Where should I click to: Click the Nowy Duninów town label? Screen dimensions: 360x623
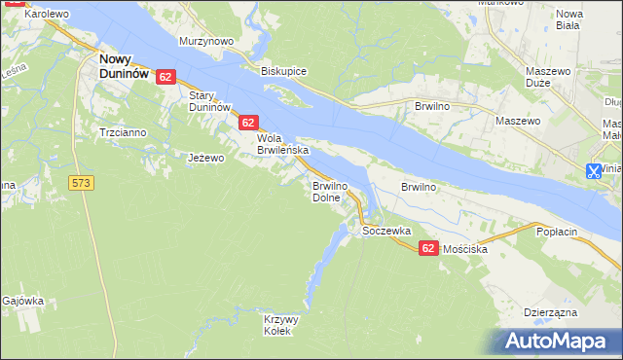click(124, 65)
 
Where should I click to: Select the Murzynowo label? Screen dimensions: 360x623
click(206, 42)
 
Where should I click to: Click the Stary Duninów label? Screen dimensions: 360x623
click(208, 101)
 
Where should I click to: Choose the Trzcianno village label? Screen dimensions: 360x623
click(122, 131)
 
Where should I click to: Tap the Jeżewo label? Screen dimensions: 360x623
click(206, 158)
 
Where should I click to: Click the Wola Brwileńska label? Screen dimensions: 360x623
click(282, 144)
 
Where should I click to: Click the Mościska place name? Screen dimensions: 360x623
click(465, 249)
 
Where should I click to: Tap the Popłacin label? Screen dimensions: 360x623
click(559, 232)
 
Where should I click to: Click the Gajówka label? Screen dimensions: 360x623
click(23, 301)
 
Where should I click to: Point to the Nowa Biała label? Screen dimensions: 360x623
click(568, 19)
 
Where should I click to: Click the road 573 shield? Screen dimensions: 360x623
click(81, 182)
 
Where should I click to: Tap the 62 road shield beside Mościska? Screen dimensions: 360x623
click(428, 249)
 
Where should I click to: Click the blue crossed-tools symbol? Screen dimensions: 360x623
click(593, 171)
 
